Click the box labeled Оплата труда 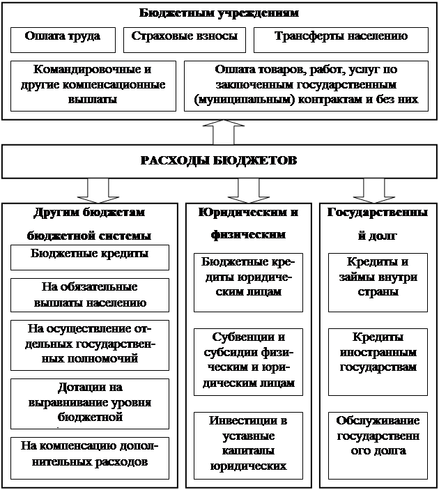(x=62, y=40)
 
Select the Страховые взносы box (x=185, y=40)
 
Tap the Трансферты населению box (x=340, y=40)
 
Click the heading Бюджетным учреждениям (x=219, y=13)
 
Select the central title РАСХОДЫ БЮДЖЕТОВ (x=219, y=161)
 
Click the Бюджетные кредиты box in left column (x=90, y=257)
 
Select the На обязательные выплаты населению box (x=90, y=295)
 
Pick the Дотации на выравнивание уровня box (x=90, y=404)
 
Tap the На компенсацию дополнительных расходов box (x=90, y=457)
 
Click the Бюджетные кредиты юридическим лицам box (x=249, y=282)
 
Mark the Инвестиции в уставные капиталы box (x=249, y=445)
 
